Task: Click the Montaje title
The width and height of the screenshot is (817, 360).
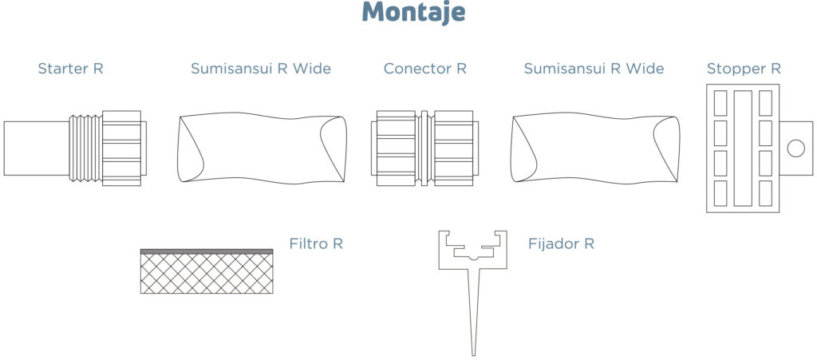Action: (x=414, y=13)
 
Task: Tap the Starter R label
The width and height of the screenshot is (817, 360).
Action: (x=71, y=69)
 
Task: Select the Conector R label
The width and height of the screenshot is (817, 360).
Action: (x=425, y=69)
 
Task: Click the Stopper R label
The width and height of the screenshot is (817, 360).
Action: (x=744, y=69)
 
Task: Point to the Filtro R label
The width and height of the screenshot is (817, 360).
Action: (x=316, y=243)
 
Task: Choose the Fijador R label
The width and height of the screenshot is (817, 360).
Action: (x=561, y=243)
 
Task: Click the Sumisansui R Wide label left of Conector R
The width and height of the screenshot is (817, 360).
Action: (x=261, y=69)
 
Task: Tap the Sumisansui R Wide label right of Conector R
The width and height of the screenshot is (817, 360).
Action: (x=594, y=69)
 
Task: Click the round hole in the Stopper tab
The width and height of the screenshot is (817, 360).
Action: (x=795, y=148)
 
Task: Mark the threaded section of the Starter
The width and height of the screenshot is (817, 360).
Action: (x=85, y=148)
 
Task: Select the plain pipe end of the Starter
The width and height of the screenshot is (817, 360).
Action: (x=37, y=148)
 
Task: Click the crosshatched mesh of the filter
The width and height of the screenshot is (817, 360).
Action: (x=207, y=274)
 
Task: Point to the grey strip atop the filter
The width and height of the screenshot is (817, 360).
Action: (x=207, y=251)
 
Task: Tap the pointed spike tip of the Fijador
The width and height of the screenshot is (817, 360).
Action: (x=473, y=354)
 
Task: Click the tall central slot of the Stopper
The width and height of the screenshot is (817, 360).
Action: (x=743, y=148)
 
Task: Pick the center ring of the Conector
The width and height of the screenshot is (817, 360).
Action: (x=424, y=148)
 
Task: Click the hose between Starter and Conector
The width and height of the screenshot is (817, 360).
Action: (x=262, y=148)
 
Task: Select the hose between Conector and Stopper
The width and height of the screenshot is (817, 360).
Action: (x=595, y=148)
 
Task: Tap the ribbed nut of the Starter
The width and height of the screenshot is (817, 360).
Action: (x=122, y=148)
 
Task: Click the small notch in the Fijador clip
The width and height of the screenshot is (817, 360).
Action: (x=472, y=257)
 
